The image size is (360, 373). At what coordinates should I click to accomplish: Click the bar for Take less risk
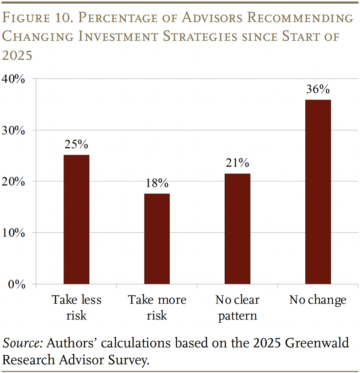tap(76, 219)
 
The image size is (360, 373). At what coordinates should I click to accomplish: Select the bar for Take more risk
tap(157, 239)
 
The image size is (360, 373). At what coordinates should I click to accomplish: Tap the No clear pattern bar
tap(237, 229)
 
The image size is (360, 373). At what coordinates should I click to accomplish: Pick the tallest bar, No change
tap(318, 192)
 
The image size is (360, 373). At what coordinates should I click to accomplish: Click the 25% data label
tap(76, 145)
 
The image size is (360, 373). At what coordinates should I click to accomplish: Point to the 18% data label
tap(157, 183)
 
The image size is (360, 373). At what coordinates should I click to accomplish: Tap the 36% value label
tap(318, 89)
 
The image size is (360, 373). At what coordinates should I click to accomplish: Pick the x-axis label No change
tap(318, 301)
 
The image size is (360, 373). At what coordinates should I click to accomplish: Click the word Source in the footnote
tap(23, 343)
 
